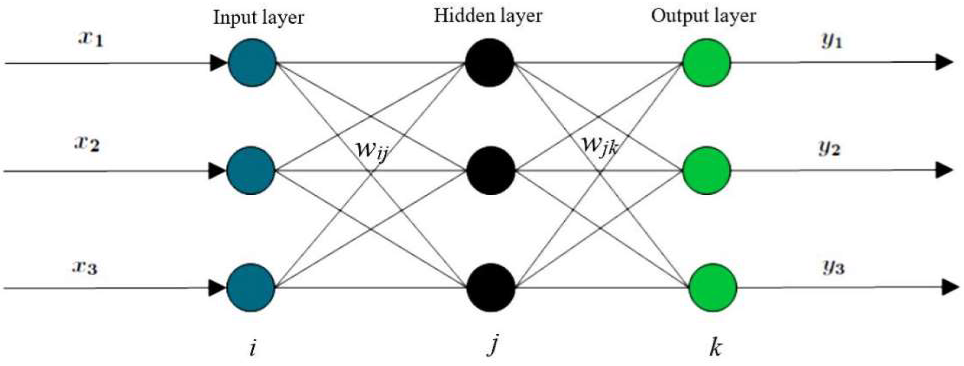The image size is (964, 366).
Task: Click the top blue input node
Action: point(252,63)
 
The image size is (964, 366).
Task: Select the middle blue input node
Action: point(251,170)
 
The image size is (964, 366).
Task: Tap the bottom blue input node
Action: point(251,287)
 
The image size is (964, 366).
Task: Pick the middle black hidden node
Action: point(491,170)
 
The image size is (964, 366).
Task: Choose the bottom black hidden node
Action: point(491,287)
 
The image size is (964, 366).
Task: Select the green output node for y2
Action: point(707,170)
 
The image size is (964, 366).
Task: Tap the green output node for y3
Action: point(713,287)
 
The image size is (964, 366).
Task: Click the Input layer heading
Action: point(258,18)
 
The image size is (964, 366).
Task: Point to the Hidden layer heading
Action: point(488,16)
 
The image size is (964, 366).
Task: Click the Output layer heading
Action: point(704,16)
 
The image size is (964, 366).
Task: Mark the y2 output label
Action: point(829,148)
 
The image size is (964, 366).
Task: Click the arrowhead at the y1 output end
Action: point(943,62)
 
